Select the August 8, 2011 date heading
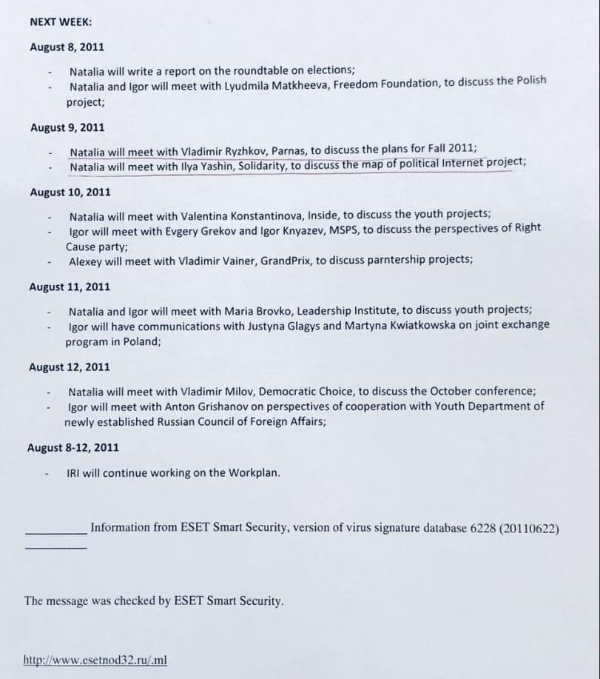pyautogui.click(x=67, y=47)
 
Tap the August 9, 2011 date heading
pyautogui.click(x=67, y=127)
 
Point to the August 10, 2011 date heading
pyautogui.click(x=70, y=192)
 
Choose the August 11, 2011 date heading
pyautogui.click(x=70, y=287)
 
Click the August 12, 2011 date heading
pyautogui.click(x=69, y=367)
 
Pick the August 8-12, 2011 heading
pyautogui.click(x=73, y=447)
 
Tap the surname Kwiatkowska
pyautogui.click(x=413, y=325)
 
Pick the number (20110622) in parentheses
pyautogui.click(x=529, y=528)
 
